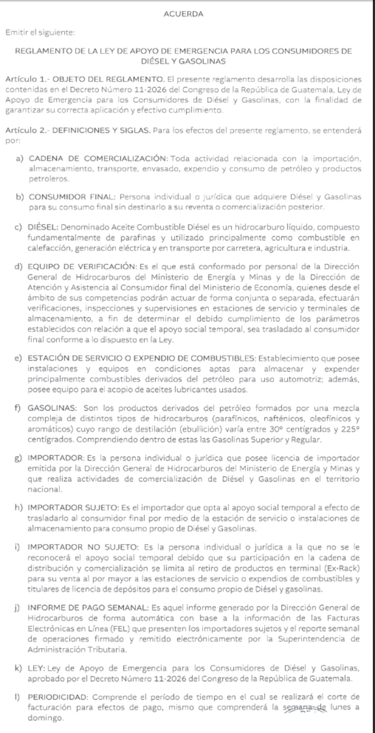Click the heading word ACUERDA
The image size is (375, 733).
[x=183, y=14]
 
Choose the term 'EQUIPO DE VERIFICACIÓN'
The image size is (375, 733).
[x=82, y=267]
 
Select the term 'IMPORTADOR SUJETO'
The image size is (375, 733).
[x=73, y=507]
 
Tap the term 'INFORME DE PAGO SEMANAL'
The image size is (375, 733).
[x=88, y=607]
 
